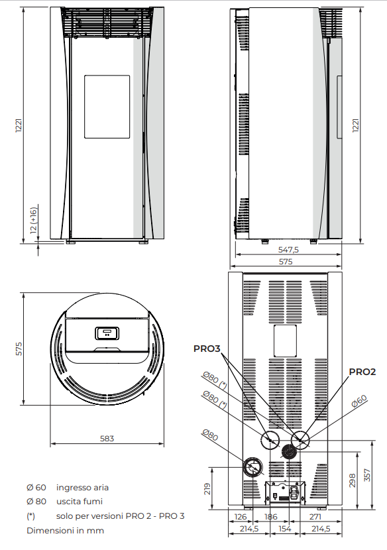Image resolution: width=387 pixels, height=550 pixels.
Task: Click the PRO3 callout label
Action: [207, 349]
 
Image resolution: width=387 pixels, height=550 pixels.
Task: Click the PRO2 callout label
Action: [362, 372]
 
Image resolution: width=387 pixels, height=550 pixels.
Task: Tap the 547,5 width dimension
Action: [288, 250]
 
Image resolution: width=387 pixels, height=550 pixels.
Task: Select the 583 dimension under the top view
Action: [107, 439]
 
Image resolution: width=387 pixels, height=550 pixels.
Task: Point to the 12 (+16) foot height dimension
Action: [33, 220]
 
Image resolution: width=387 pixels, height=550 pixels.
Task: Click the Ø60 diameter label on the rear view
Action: [359, 401]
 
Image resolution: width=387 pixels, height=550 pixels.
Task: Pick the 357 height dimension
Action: [367, 475]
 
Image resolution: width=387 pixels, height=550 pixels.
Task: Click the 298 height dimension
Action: [353, 480]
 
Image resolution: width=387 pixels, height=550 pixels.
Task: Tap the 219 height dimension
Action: [207, 489]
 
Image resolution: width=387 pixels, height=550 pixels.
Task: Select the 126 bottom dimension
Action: [241, 517]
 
